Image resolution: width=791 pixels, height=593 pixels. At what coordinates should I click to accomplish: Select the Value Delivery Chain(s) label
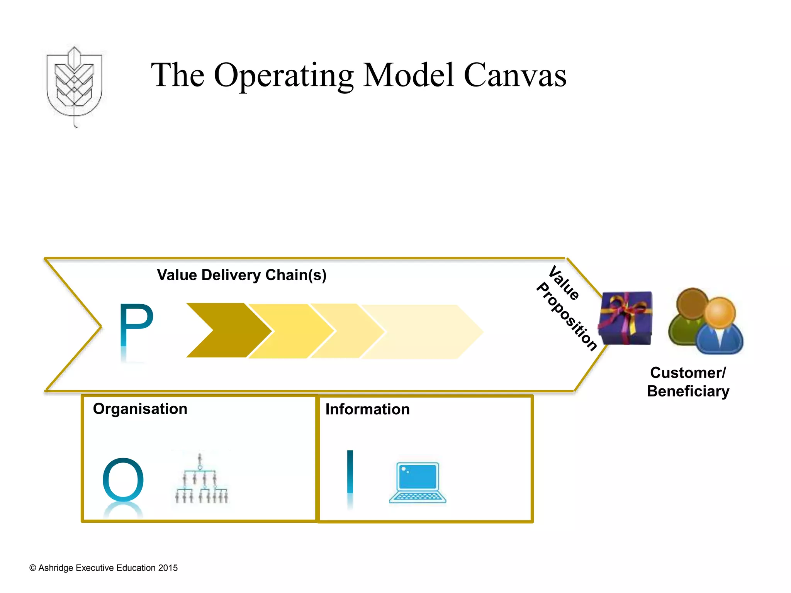coord(242,275)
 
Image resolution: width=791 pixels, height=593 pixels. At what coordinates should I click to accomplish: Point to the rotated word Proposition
coord(567,317)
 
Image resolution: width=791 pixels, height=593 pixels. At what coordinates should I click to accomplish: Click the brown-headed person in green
coord(687,313)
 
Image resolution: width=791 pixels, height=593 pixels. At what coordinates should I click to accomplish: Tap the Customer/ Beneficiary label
coord(688,382)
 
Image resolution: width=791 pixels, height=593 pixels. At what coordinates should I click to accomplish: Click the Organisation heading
coord(140,409)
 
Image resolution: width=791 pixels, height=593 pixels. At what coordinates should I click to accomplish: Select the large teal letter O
coord(123,480)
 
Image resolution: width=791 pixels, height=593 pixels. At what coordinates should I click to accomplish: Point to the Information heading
coord(367,409)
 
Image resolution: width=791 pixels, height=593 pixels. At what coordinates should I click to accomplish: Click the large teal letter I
coord(350,472)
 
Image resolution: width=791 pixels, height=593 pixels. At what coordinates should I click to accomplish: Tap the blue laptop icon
coord(418,483)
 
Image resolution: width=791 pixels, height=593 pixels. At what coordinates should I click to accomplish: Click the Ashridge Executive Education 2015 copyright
coord(104,568)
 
